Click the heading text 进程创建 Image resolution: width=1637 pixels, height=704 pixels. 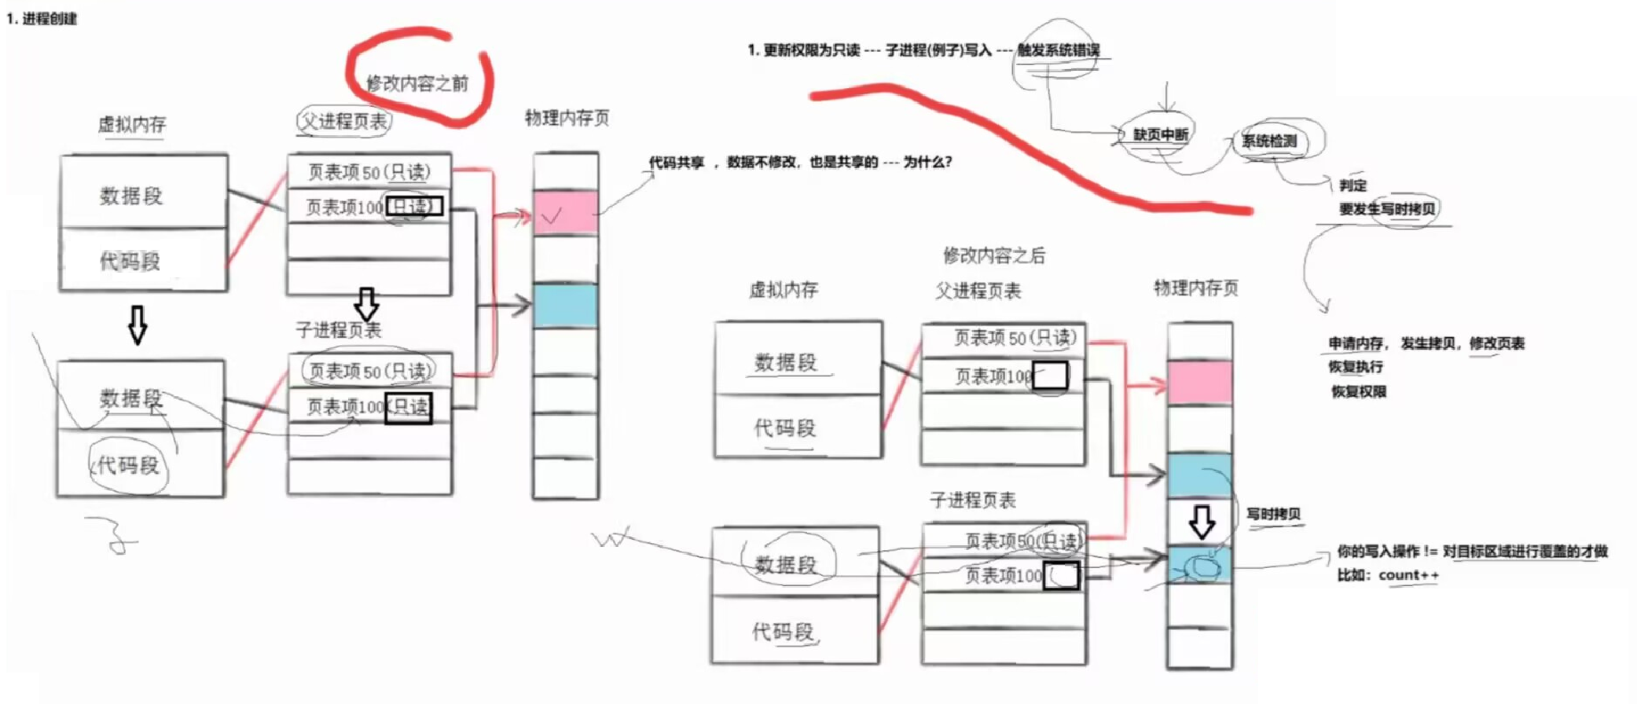(49, 19)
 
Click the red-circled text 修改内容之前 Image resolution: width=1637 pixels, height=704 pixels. (417, 82)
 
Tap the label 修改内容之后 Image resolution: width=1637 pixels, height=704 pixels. (993, 255)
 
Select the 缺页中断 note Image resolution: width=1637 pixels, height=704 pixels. (1160, 134)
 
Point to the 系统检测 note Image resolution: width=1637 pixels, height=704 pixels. (1268, 141)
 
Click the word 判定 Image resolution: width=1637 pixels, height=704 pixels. (1353, 185)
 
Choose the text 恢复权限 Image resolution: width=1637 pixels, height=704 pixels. (1358, 391)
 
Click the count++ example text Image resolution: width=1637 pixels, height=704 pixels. (1408, 575)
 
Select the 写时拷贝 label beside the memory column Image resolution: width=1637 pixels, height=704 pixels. (1273, 514)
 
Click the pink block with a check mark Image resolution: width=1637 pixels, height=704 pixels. (565, 213)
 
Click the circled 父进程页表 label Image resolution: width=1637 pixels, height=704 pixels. (344, 121)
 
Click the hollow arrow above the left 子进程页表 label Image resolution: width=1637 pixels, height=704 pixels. (366, 303)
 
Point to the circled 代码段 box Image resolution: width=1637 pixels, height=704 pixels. (128, 465)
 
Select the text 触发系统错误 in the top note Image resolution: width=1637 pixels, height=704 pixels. (1059, 50)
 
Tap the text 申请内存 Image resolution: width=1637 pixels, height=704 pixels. (1356, 343)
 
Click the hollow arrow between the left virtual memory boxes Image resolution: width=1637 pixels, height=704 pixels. (138, 324)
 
